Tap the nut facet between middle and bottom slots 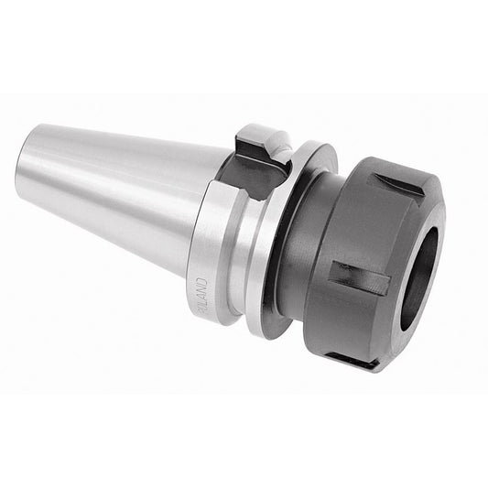coord(343,320)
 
